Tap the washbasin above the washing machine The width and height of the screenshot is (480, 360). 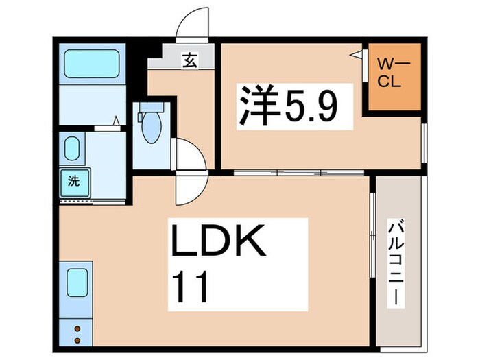pos(72,147)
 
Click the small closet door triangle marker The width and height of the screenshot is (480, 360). pos(355,55)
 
